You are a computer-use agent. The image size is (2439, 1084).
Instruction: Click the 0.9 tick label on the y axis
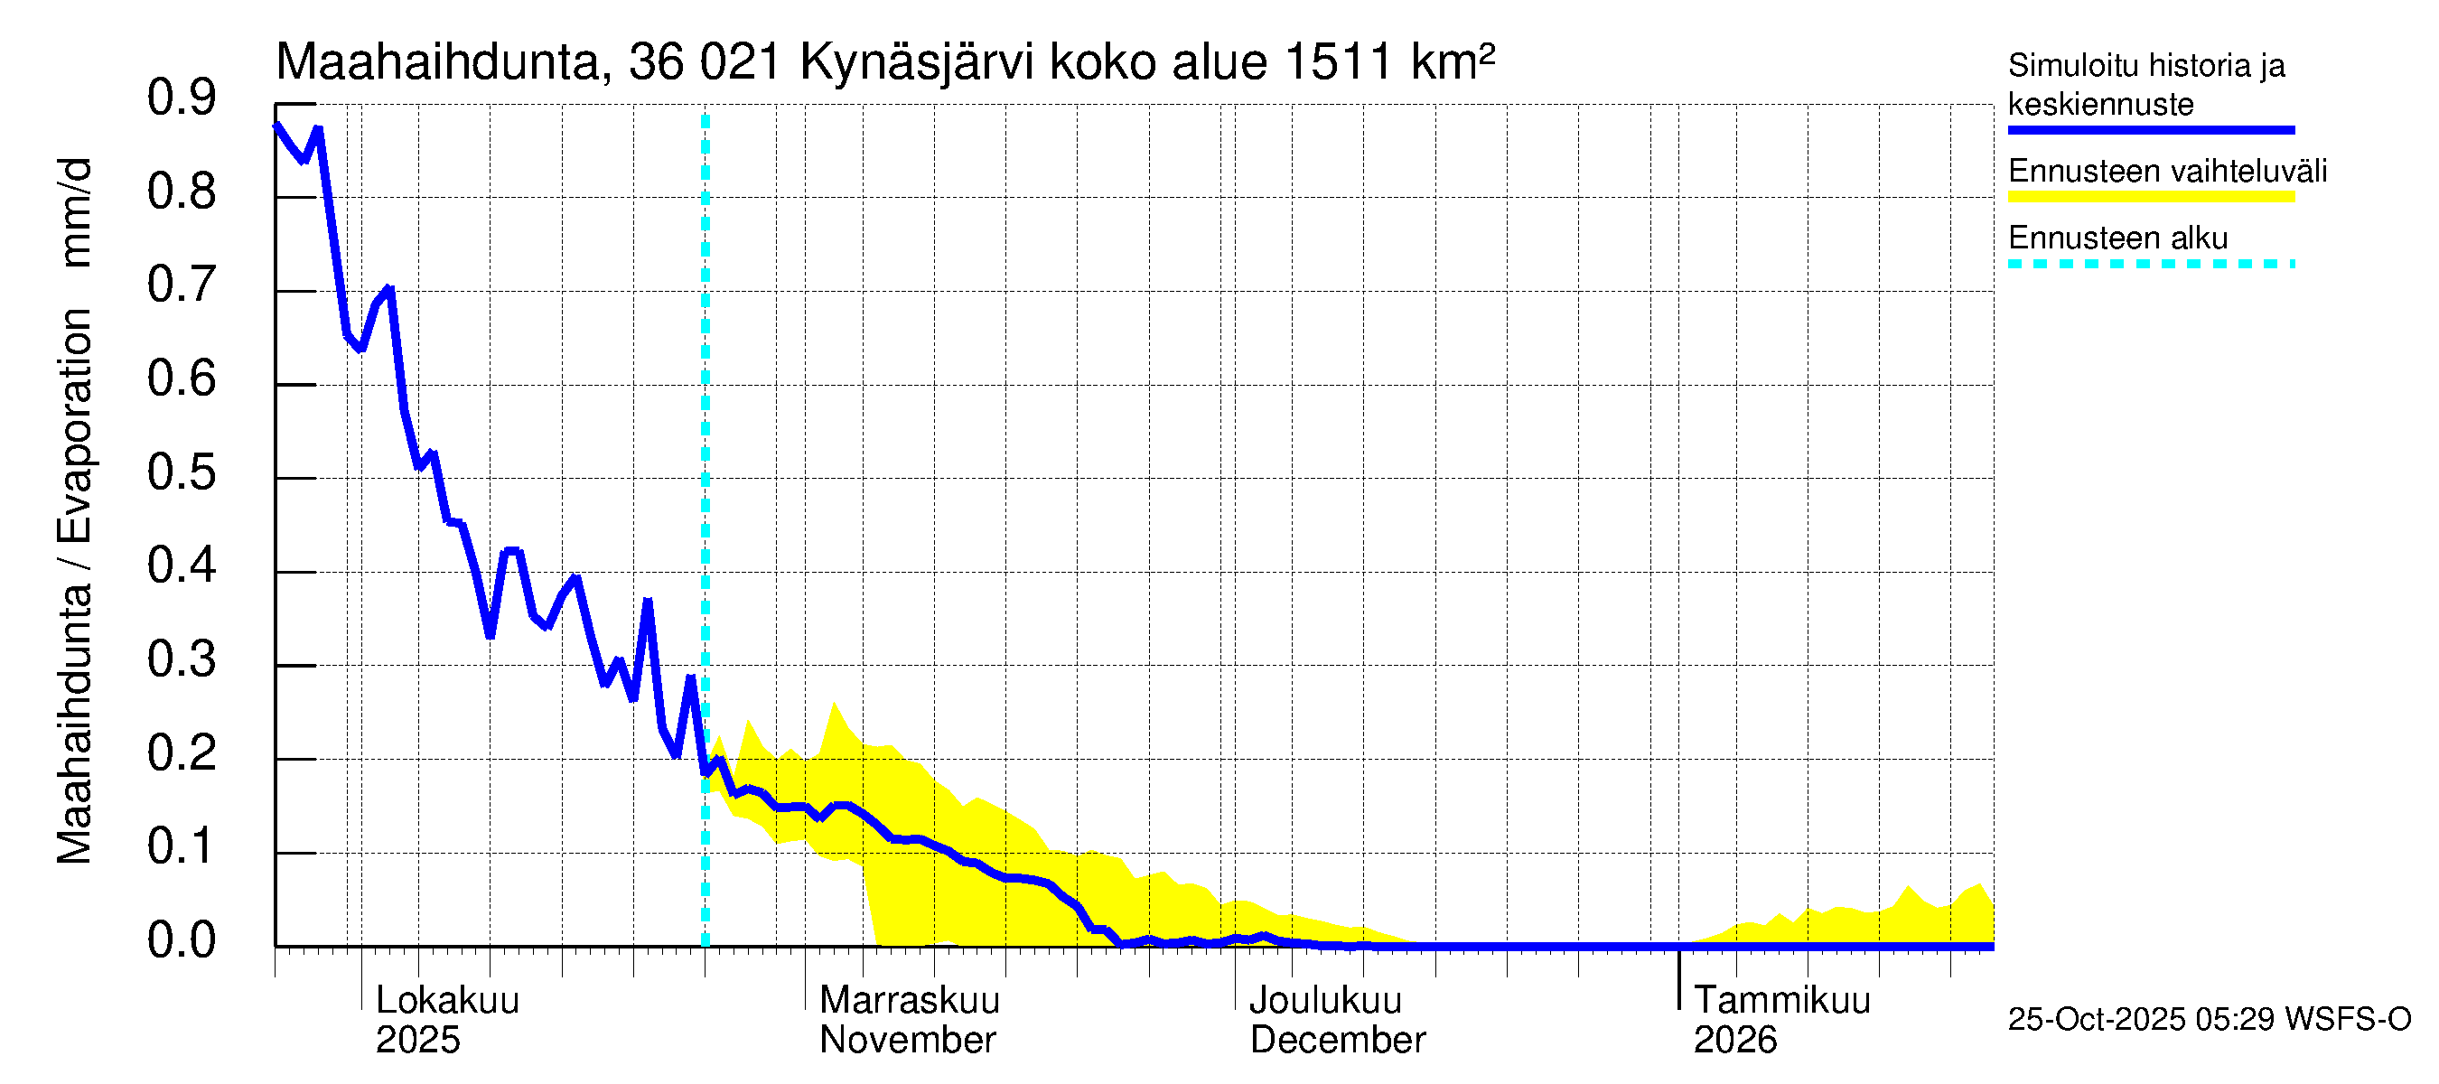click(181, 98)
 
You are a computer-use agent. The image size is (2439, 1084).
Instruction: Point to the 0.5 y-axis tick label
click(181, 472)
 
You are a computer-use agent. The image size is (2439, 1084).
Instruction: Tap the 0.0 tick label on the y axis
click(181, 941)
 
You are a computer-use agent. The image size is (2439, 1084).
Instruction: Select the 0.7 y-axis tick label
click(181, 285)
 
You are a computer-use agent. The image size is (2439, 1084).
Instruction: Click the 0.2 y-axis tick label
click(181, 753)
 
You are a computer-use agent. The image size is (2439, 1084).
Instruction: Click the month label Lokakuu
click(448, 1000)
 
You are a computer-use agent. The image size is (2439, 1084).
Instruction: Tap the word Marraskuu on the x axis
click(909, 1000)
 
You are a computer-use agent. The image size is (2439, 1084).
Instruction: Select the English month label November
click(907, 1040)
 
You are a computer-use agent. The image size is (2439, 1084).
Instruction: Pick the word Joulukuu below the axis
click(1324, 1000)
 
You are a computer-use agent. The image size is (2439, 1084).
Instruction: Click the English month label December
click(1337, 1040)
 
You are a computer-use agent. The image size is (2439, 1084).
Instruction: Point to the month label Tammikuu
click(1781, 1000)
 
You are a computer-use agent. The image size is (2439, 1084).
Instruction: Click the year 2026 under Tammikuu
click(1734, 1040)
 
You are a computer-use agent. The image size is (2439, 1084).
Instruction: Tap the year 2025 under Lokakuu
click(417, 1040)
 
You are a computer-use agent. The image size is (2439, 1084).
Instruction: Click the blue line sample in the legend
click(2150, 130)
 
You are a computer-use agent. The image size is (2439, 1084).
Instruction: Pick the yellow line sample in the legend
click(2150, 197)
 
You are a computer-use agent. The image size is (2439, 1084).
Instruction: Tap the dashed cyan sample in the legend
click(2150, 264)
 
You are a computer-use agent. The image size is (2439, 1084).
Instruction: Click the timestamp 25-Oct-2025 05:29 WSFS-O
click(2209, 1019)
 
